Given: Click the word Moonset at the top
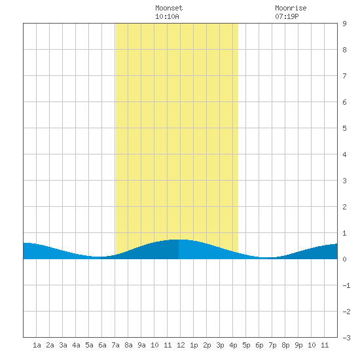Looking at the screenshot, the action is coord(169,8).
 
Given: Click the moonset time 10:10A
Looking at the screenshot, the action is coord(167,16).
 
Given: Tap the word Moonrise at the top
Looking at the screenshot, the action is coord(291,8).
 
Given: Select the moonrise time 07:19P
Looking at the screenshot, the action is coord(287,16).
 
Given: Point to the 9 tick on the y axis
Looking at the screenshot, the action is coord(344,24).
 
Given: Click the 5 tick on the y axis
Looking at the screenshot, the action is coord(344,128).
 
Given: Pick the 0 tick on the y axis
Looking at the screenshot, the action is coord(344,259).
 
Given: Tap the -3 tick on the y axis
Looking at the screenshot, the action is coord(346,338).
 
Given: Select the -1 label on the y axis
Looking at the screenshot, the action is coord(346,285).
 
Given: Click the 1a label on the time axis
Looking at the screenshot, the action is coord(37,345).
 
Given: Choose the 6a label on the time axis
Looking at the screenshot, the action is coord(102,345).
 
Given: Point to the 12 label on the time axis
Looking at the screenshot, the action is coord(181,345).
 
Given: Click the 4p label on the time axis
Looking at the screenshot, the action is coord(233,345).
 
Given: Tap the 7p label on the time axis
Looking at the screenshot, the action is coord(272,345).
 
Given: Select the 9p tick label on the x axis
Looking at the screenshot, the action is coord(298,345).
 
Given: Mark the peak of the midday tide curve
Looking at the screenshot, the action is coord(179,240).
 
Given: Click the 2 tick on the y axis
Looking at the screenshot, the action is coord(344,207).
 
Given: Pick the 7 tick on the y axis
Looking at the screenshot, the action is coord(344,76).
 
